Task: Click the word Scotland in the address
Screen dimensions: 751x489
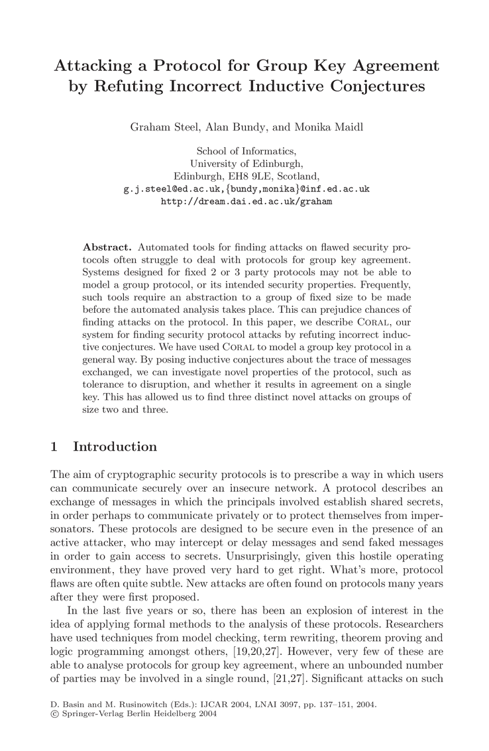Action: [x=299, y=176]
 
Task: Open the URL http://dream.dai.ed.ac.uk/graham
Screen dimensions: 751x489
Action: [x=246, y=202]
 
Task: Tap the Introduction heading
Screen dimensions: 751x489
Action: [x=115, y=447]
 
